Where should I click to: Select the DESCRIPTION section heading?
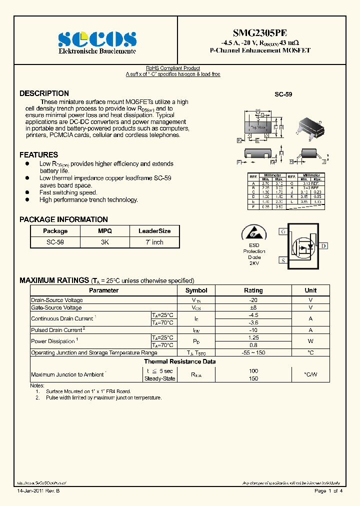44,93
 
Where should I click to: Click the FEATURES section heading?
38,155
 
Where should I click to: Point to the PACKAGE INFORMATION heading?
63,219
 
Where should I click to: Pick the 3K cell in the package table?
104,242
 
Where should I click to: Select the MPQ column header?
104,231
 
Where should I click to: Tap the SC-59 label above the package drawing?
283,94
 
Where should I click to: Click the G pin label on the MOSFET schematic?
283,231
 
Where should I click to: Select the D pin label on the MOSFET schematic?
324,245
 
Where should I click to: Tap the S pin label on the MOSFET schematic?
283,260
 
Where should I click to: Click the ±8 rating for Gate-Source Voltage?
253,308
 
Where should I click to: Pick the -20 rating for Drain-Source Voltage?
253,300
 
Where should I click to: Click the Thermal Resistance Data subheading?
180,361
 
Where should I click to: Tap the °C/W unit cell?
310,374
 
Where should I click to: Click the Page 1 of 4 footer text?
328,491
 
